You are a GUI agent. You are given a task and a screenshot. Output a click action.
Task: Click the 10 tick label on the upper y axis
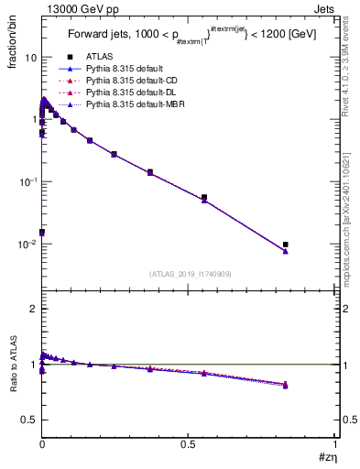[x=30, y=57]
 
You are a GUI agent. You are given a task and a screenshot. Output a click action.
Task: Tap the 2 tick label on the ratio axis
[x=34, y=309]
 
